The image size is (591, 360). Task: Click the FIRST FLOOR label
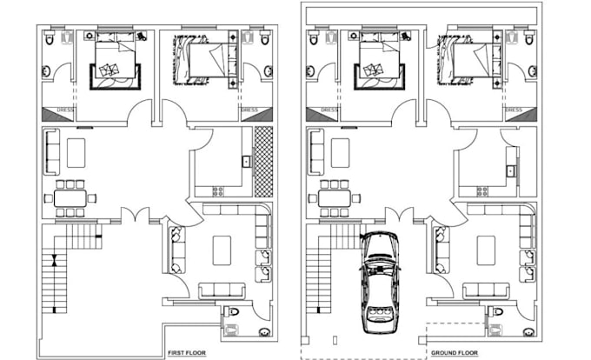187,353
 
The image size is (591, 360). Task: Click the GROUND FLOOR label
455,353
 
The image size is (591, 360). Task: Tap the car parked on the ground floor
381,283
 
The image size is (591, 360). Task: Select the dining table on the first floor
70,198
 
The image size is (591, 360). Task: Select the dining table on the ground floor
335,198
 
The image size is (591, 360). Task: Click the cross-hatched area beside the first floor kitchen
263,162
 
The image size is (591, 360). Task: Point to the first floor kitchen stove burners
218,191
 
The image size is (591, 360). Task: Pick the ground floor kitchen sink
510,171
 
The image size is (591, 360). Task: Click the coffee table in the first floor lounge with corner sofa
222,250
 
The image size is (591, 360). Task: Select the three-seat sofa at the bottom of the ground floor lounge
486,290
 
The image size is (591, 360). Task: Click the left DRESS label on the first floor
65,110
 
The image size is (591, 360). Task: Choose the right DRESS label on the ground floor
514,110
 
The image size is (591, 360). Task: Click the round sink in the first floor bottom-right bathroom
264,332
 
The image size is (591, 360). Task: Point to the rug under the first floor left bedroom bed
115,77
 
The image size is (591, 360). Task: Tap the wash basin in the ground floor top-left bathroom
310,70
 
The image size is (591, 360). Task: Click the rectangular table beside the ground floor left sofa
340,153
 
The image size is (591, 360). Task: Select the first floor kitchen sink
246,162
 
